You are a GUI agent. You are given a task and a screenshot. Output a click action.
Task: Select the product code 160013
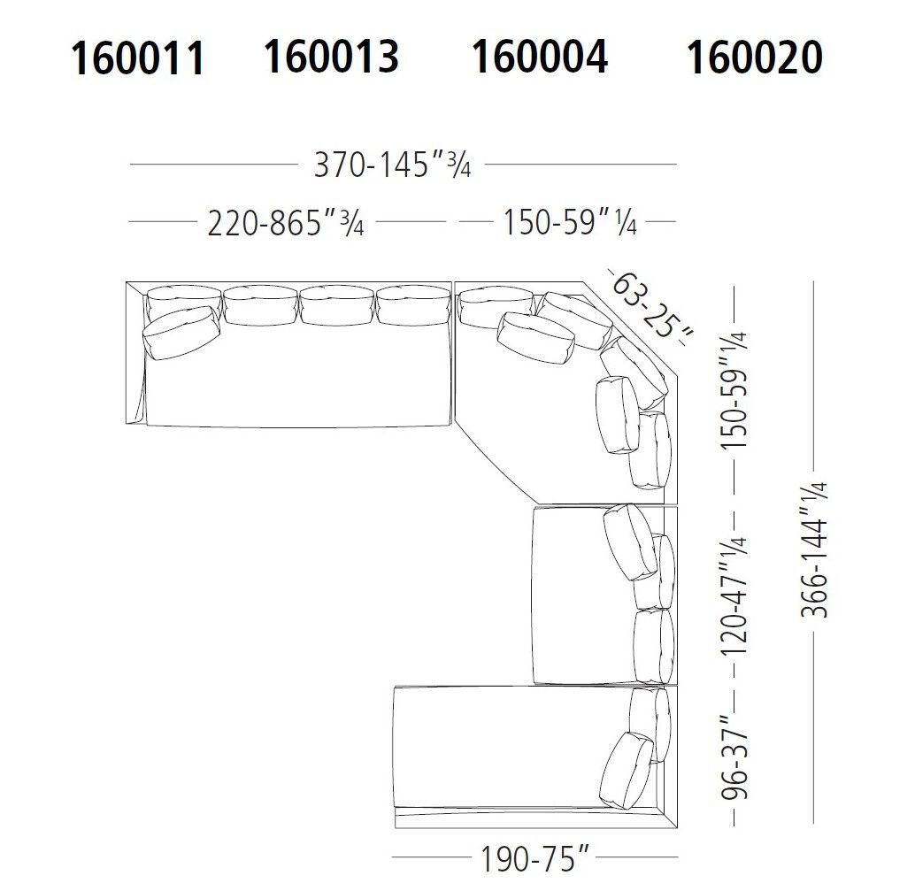click(x=331, y=57)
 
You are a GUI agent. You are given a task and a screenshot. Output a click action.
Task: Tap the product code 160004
click(x=539, y=57)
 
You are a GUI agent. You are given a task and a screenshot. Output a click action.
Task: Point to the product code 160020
click(x=754, y=58)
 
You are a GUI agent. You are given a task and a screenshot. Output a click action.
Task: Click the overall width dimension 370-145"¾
click(x=392, y=165)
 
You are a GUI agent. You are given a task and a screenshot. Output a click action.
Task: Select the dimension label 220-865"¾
click(x=286, y=223)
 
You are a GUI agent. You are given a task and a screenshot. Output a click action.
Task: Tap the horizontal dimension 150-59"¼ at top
click(x=570, y=222)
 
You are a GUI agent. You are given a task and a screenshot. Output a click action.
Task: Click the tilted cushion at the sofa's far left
click(x=181, y=334)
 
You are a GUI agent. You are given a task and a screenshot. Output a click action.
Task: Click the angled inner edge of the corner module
click(x=491, y=465)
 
